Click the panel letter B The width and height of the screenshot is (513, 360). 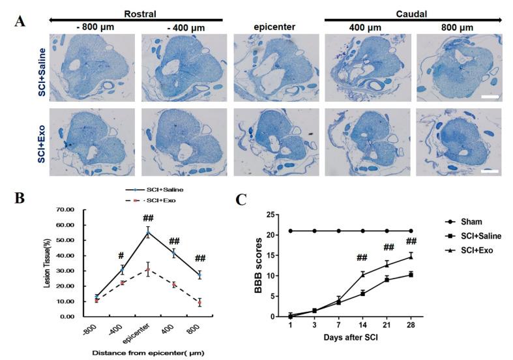(20, 195)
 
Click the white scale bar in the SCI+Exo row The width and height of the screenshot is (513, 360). (489, 173)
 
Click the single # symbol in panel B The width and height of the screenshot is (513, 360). (121, 256)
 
